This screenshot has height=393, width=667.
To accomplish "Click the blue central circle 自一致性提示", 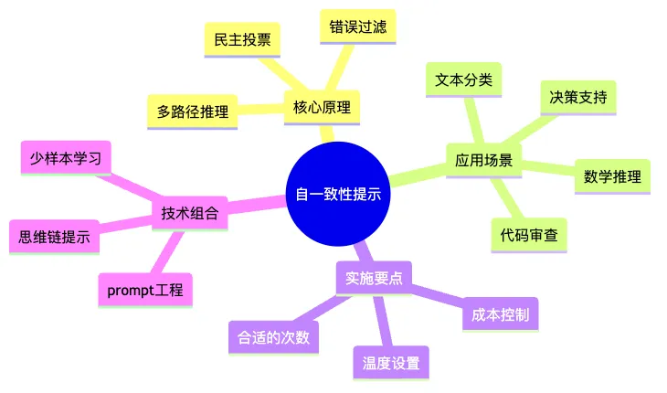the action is (338, 194).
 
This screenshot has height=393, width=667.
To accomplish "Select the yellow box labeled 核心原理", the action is (322, 107).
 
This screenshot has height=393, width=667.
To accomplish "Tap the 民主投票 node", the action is (242, 39).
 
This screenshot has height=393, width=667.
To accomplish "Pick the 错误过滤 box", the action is (358, 27).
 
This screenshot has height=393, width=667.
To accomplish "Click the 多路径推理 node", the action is (192, 112).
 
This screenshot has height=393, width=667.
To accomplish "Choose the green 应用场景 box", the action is (483, 160).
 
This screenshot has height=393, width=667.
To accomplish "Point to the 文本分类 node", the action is (463, 80).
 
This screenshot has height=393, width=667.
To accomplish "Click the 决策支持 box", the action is (578, 98).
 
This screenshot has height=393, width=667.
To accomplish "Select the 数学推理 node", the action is (612, 176).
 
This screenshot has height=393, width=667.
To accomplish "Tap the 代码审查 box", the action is (529, 235).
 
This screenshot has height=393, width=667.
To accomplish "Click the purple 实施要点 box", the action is (374, 278).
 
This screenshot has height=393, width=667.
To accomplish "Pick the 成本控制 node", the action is (501, 314).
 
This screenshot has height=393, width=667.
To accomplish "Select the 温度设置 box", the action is (391, 363).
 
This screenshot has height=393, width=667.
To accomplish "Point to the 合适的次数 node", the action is (273, 338).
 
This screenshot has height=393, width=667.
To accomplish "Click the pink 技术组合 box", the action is (190, 213).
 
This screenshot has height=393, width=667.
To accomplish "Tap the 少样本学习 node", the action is (66, 158).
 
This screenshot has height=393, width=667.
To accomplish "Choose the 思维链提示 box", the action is (55, 237).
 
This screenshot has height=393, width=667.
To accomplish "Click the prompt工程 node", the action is (145, 290).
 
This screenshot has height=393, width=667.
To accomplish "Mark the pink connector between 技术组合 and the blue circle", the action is (257, 204).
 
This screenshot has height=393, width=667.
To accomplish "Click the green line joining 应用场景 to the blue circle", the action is (418, 175).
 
